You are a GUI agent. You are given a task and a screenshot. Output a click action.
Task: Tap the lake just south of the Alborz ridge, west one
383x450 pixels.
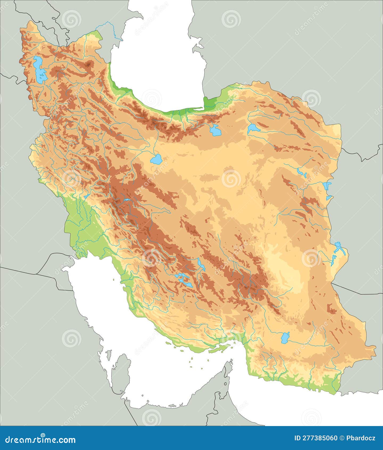(215, 130)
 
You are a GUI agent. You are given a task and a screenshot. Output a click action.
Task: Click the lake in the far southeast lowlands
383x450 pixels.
(285, 338)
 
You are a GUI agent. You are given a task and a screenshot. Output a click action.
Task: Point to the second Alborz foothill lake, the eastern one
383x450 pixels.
(253, 128)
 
